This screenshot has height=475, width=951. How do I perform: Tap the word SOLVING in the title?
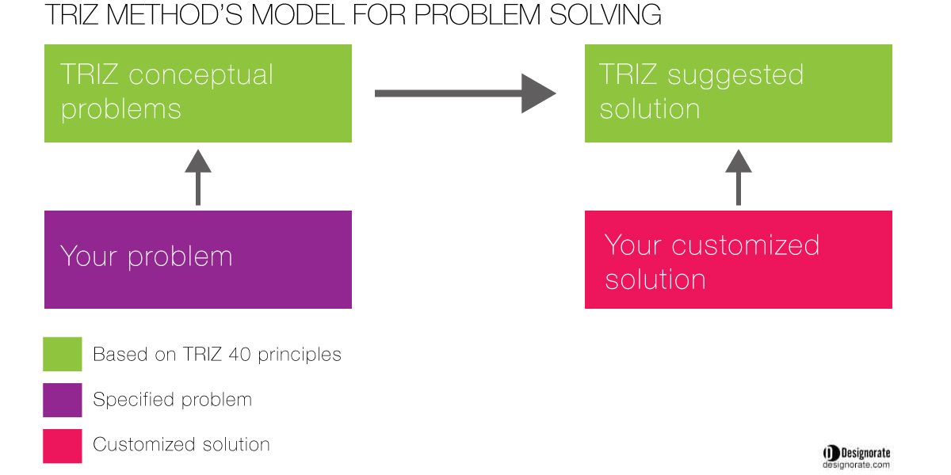605,15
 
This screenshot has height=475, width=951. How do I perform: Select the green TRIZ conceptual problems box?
198,93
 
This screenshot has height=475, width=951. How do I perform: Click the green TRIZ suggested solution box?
739,93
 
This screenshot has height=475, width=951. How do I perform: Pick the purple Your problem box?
198,260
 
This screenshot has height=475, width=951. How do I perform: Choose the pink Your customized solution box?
739,260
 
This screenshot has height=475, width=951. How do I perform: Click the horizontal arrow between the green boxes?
465,93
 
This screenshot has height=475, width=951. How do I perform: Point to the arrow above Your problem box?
198,177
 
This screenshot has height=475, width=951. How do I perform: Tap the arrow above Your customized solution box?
739,177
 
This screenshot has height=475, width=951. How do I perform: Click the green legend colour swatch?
63,354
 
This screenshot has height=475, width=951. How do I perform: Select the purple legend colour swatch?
63,400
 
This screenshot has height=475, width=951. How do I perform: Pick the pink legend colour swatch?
63,446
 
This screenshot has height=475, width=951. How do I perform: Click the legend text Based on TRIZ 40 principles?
217,355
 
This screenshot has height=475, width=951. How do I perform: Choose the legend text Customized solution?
181,444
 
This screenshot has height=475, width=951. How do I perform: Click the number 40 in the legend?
239,355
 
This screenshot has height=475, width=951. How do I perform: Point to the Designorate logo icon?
831,453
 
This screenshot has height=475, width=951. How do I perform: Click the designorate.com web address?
856,465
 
